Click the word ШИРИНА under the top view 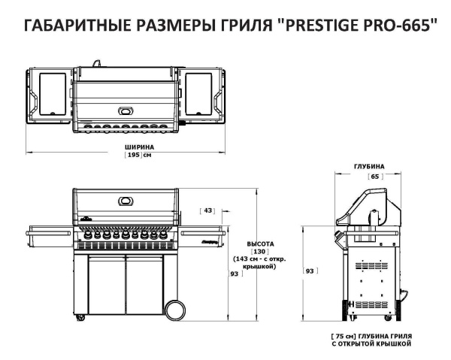[139, 147]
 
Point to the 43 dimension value [208, 210]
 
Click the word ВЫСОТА [261, 244]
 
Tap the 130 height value [260, 252]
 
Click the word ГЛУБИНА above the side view [369, 166]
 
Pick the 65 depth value [374, 176]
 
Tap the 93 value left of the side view [309, 270]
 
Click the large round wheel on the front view [174, 309]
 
